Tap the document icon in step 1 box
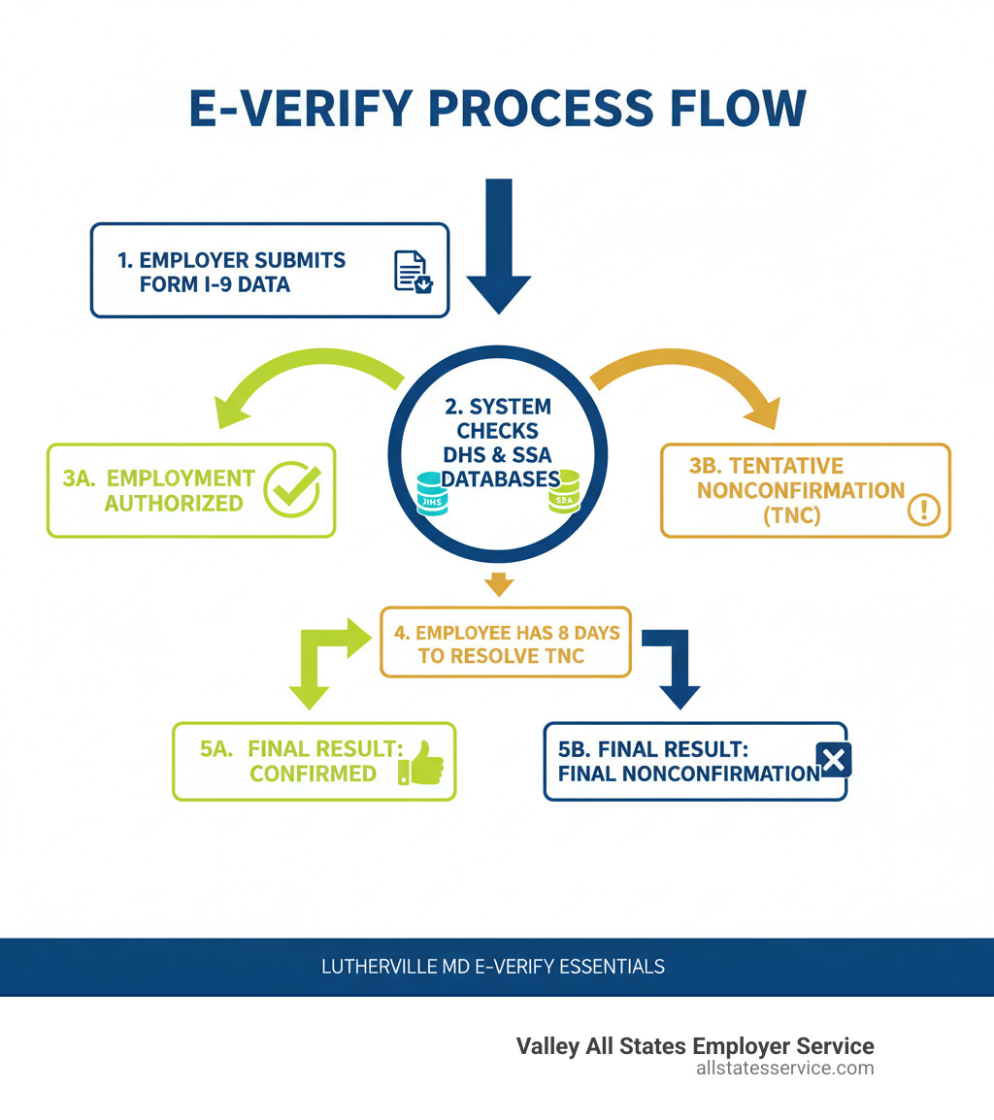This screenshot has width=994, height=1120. pyautogui.click(x=412, y=271)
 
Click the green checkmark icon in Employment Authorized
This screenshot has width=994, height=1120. pyautogui.click(x=292, y=488)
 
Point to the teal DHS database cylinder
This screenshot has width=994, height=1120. pyautogui.click(x=432, y=493)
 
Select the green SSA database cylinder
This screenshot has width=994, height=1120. pyautogui.click(x=564, y=491)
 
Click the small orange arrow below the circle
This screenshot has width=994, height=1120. pyautogui.click(x=498, y=583)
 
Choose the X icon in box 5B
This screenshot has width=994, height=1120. pyautogui.click(x=834, y=760)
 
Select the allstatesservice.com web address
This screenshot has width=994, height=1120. pyautogui.click(x=784, y=1069)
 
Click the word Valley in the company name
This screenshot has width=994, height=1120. pyautogui.click(x=545, y=1046)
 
